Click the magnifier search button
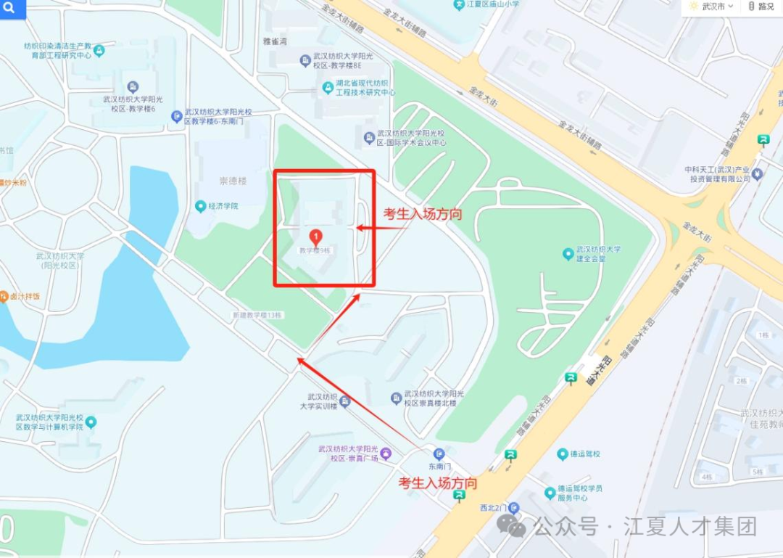11,9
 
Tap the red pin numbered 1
316,236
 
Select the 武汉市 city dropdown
711,7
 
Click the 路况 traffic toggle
761,7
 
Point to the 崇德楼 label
233,180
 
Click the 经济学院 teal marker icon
201,206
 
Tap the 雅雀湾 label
275,41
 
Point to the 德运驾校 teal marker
563,454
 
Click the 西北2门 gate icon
513,507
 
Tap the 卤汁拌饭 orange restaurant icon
4,296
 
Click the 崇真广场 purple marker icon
386,454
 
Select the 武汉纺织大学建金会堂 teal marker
568,254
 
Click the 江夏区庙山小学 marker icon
458,4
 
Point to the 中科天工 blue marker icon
758,173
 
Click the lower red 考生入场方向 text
438,483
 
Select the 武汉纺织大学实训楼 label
323,401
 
